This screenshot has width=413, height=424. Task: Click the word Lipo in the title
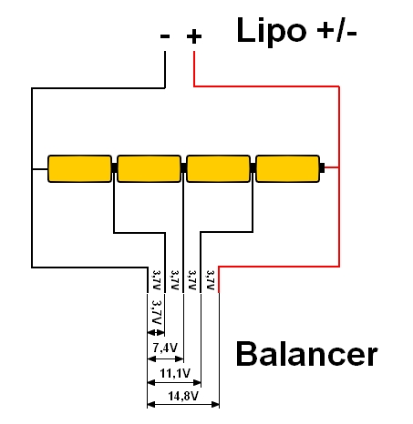coord(272,31)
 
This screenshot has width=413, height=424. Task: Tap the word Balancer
coord(306,354)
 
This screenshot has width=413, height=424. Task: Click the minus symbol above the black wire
coord(165,36)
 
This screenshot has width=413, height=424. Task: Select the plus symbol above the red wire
coord(194,36)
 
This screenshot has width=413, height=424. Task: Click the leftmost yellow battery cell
coord(79,168)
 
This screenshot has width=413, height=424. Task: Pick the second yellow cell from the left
coord(149,168)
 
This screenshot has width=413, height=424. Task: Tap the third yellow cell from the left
coord(218,168)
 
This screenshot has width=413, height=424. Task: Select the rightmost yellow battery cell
coord(287,168)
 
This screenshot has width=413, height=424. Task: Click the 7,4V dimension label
coord(165,348)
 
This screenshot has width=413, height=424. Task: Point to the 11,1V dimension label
coord(175,373)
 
